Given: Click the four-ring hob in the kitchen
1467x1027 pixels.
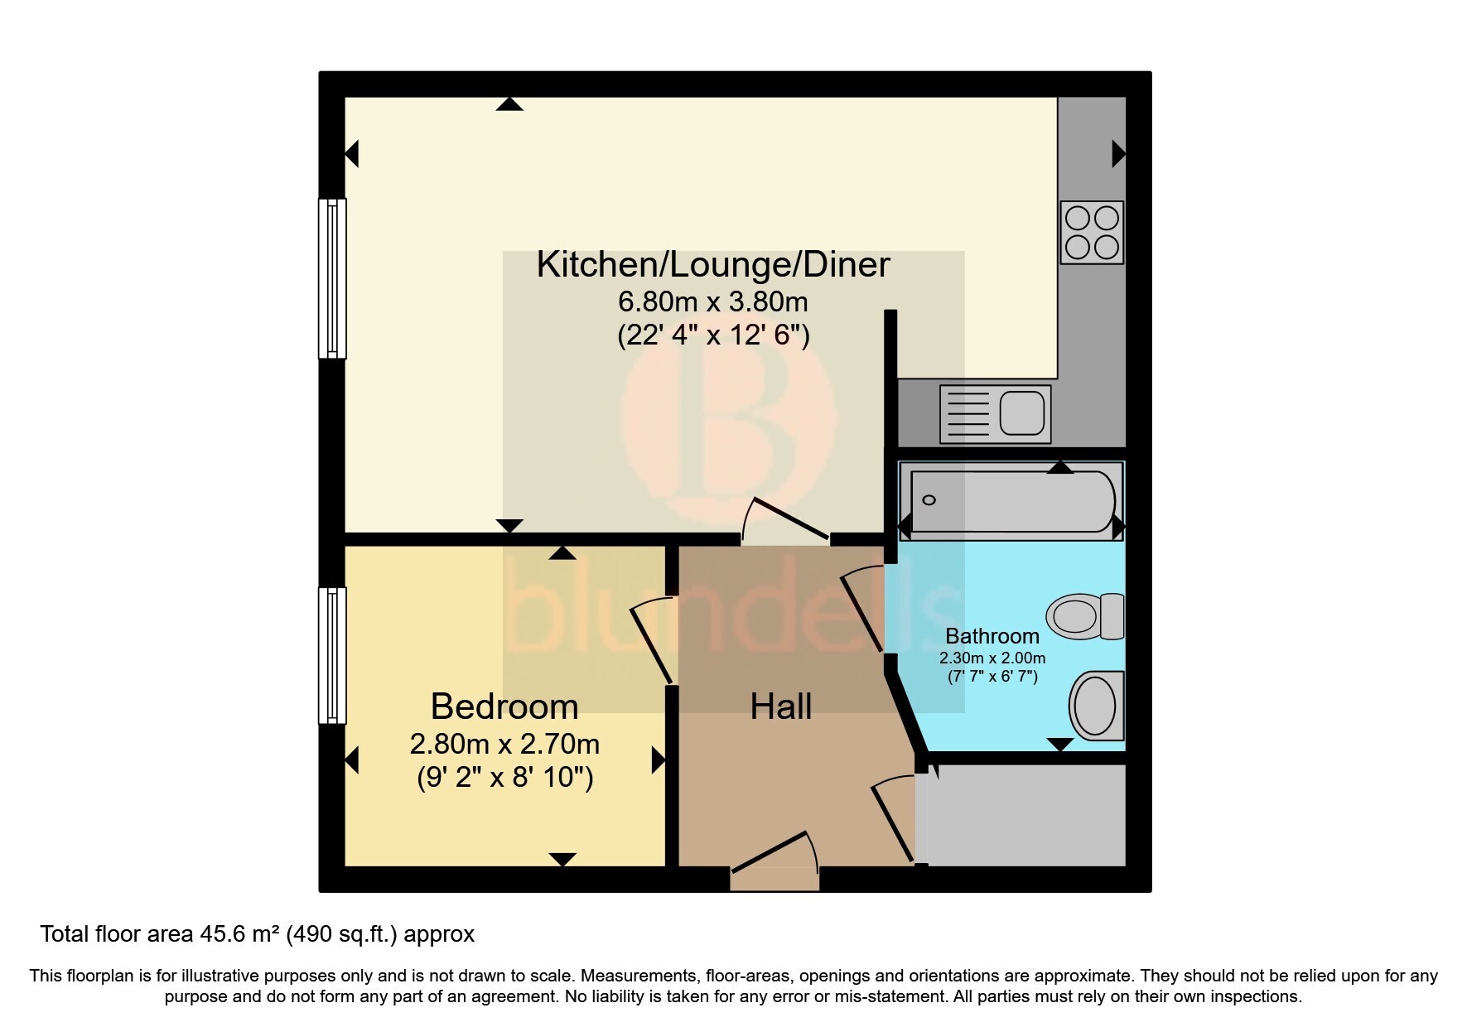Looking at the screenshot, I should tap(1092, 233).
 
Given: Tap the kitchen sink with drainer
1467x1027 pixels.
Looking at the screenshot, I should tap(995, 413).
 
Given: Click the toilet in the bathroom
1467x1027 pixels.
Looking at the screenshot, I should tap(1084, 616).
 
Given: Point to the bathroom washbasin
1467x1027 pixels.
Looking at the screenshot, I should tap(1097, 706).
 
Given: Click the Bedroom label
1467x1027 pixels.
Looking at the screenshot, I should tap(504, 706).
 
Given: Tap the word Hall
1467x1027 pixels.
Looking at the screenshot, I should tap(780, 706).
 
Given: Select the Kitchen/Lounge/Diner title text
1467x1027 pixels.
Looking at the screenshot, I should tap(712, 264).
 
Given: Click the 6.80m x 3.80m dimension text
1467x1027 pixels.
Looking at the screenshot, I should tap(712, 301).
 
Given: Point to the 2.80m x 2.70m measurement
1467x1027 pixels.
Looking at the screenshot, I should tap(504, 744).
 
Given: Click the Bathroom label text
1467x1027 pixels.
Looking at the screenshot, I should tap(992, 636).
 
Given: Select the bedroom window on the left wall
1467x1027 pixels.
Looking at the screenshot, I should tap(332, 655).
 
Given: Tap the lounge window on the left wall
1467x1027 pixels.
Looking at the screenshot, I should tap(332, 278).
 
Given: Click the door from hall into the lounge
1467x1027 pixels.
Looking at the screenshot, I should tap(783, 522).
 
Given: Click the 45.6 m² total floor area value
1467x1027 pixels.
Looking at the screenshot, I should tap(240, 934).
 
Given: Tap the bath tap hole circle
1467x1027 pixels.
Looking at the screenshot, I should tap(929, 500).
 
